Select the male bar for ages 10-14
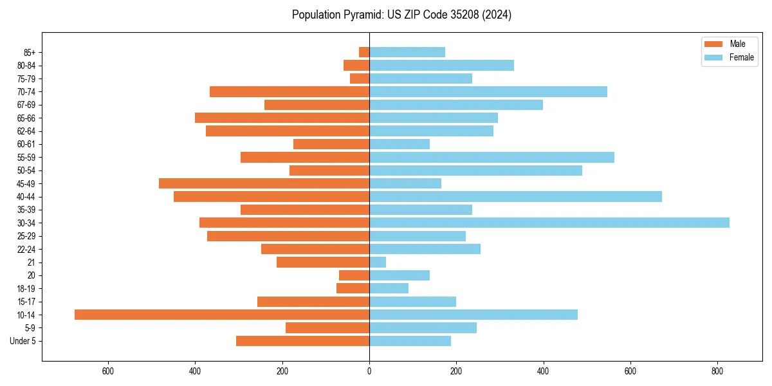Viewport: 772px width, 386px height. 222,315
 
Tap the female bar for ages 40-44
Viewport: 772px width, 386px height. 515,196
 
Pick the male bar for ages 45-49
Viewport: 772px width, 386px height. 264,183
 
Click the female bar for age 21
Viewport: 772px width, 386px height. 378,262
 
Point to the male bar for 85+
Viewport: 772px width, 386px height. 364,52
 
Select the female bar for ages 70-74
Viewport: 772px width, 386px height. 488,91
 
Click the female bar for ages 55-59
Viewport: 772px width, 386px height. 492,157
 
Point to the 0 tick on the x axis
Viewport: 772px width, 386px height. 369,371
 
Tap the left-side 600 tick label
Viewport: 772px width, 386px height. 108,371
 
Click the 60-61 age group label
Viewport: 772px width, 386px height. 26,144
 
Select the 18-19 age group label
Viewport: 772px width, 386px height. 26,288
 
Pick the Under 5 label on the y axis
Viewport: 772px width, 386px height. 23,341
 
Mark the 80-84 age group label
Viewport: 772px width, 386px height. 26,66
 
